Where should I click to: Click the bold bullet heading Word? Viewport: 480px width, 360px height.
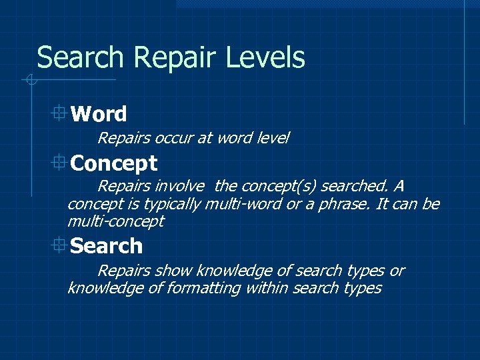98,114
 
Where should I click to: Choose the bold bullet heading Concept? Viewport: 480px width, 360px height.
113,163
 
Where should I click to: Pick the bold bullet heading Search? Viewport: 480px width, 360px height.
106,246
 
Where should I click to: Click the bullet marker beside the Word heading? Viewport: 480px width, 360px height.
59,113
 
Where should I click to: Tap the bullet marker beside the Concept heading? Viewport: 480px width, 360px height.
59,161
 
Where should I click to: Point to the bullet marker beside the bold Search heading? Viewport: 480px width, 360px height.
59,245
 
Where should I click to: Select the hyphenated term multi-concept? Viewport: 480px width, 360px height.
115,221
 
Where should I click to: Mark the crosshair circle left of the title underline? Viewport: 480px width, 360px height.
29,81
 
